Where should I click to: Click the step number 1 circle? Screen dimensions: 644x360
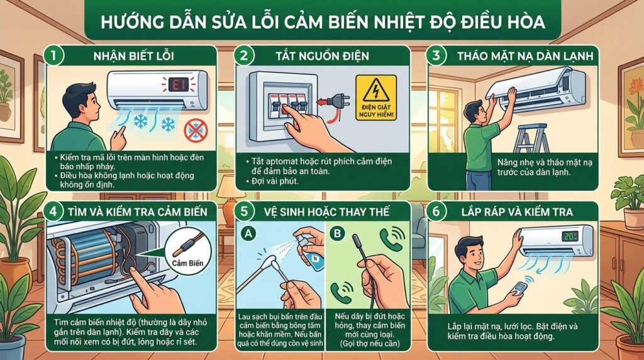[x=55, y=55]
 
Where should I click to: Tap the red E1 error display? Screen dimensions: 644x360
[x=178, y=84]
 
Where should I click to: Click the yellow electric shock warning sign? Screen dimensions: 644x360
[x=376, y=98]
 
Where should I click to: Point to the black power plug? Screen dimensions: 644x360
[x=335, y=101]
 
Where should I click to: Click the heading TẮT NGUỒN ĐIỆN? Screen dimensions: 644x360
[x=323, y=56]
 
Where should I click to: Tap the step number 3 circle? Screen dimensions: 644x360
[x=436, y=55]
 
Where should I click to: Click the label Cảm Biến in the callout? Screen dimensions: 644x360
[x=187, y=263]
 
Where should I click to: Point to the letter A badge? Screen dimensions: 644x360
[x=248, y=234]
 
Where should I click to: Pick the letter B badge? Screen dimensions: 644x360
[x=337, y=234]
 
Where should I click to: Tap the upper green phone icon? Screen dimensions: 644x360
[x=392, y=240]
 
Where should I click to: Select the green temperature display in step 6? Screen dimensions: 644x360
[x=570, y=236]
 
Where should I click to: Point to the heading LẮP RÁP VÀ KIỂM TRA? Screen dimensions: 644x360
[x=517, y=212]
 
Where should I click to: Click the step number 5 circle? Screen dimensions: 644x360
[x=245, y=211]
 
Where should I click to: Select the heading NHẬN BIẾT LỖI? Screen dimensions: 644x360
[x=134, y=56]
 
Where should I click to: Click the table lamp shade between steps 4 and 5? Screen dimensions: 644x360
[x=231, y=188]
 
